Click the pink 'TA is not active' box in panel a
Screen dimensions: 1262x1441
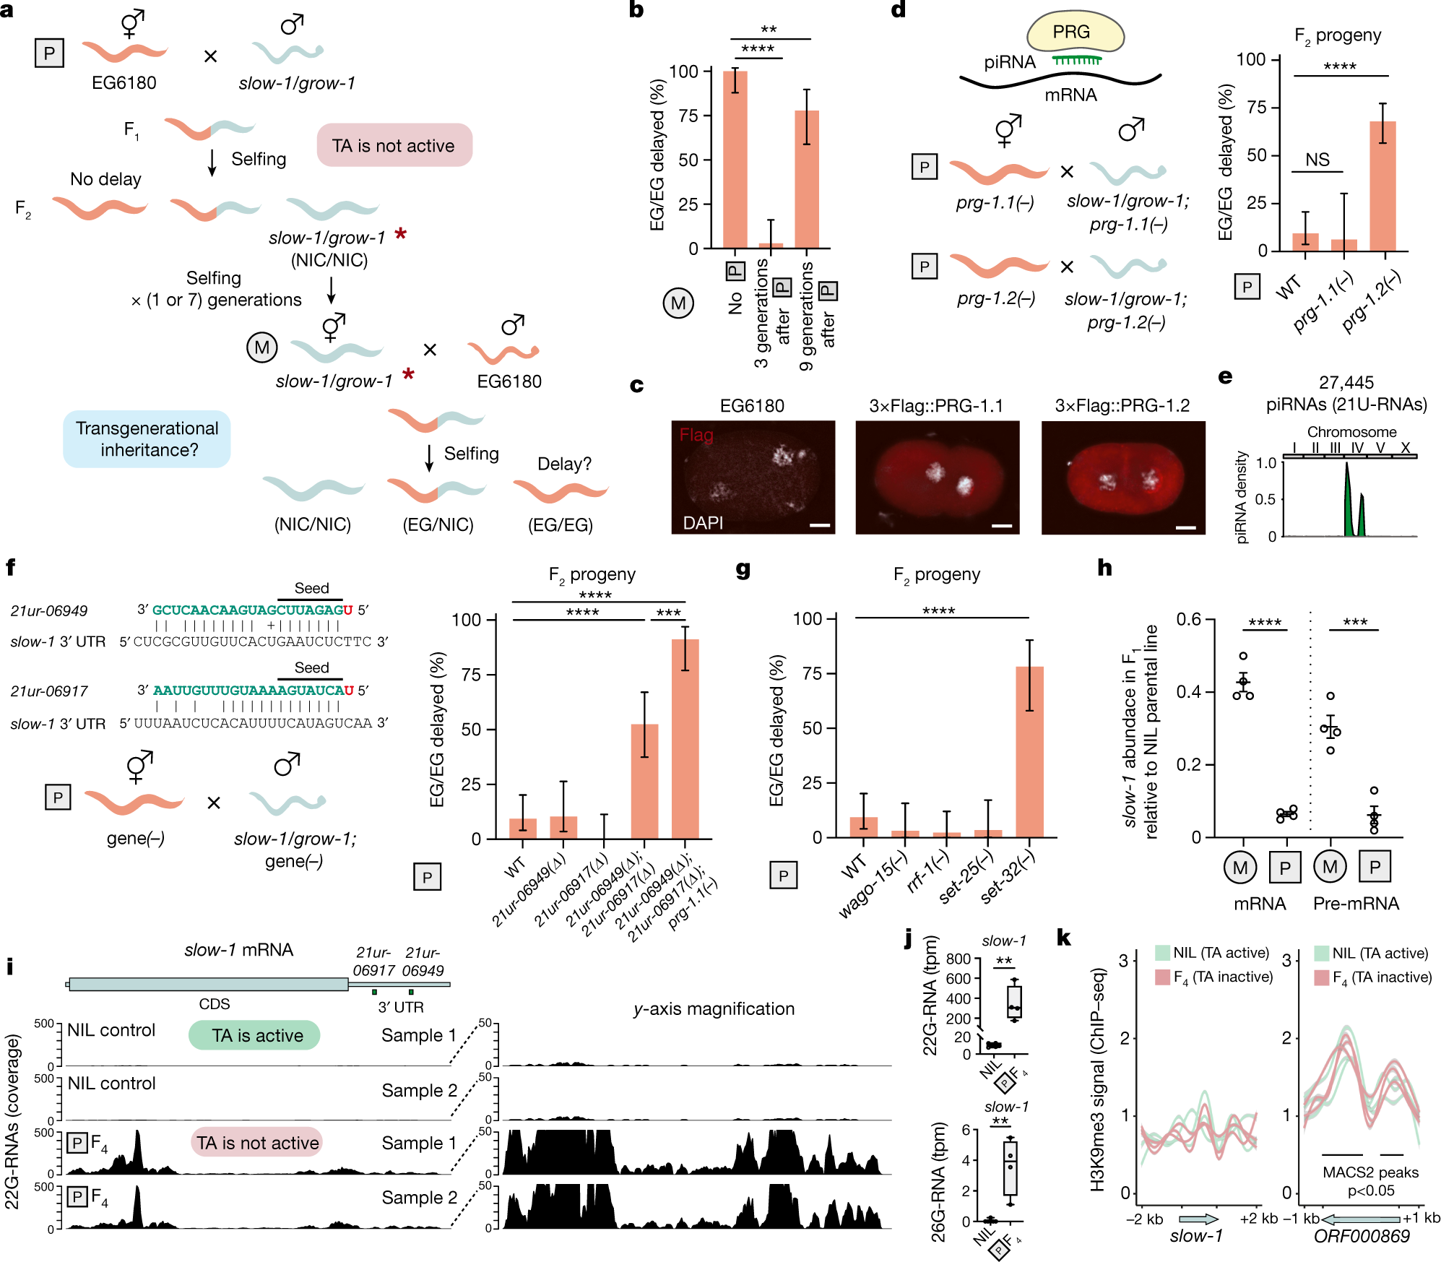(394, 145)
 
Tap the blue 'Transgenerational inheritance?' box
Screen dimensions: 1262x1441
(147, 439)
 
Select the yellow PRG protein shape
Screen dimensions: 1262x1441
(1075, 33)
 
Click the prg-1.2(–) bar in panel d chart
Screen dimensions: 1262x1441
(1382, 186)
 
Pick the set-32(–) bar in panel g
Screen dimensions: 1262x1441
(1029, 751)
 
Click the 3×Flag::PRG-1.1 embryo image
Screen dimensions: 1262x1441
(937, 477)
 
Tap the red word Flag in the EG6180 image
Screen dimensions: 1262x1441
(696, 435)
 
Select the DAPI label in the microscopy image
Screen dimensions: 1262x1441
(703, 522)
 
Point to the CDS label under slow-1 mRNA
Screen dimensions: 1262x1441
(215, 1004)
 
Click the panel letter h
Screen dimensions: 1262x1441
(1104, 568)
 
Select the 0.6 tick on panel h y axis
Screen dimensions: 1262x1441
(1188, 619)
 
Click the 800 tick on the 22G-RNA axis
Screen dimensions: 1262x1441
(958, 959)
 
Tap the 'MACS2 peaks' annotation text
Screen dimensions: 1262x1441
(1369, 1172)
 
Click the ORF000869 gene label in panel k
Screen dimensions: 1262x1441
(1362, 1236)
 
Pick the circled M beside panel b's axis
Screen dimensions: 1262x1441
(678, 303)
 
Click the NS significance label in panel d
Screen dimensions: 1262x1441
(1317, 160)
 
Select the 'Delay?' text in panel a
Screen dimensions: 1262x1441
(564, 464)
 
